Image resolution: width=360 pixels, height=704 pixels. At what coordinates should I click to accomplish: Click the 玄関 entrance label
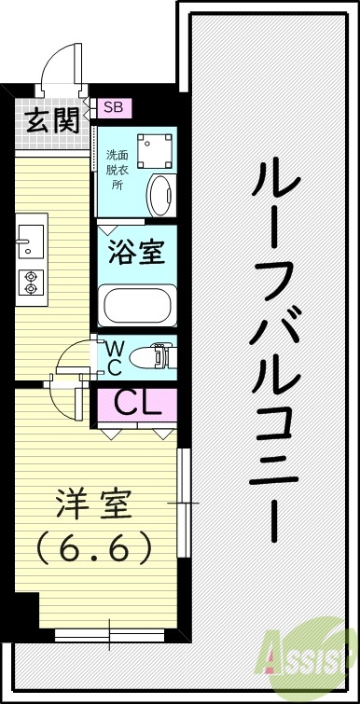pos(51,121)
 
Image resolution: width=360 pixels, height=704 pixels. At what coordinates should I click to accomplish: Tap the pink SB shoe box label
pos(113,107)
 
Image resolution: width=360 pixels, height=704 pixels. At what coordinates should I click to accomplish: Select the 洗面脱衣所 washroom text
pos(118,169)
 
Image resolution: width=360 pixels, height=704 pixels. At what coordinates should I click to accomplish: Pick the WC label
pos(112,357)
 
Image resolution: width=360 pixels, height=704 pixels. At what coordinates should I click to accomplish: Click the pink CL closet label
pos(139,404)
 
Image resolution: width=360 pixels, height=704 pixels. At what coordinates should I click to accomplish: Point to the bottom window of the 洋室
pos(108,636)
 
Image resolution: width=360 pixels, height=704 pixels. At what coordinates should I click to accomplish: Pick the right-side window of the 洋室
pos(182,504)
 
